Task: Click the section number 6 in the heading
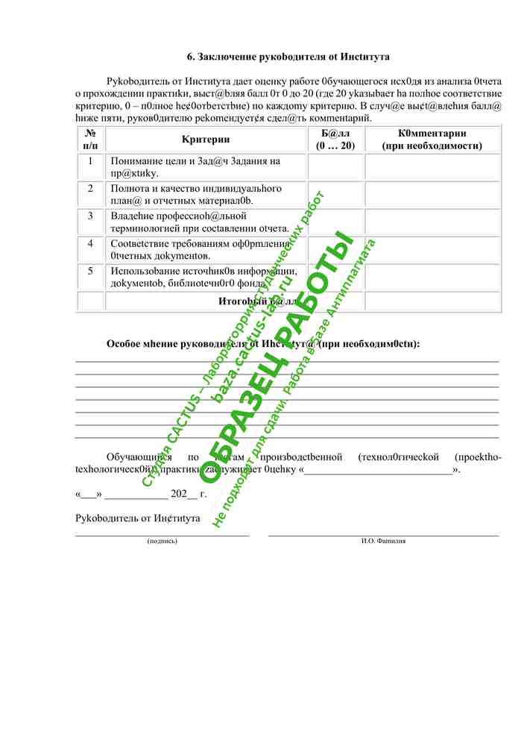coord(189,57)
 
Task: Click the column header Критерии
coord(205,140)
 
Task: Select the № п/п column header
coord(90,140)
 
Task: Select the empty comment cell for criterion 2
coord(432,194)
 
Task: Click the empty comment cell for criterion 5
coord(432,276)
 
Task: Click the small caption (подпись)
coord(162,541)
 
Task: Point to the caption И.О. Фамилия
coord(383,541)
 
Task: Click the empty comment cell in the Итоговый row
coord(432,301)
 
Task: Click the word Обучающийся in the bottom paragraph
coord(135,457)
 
